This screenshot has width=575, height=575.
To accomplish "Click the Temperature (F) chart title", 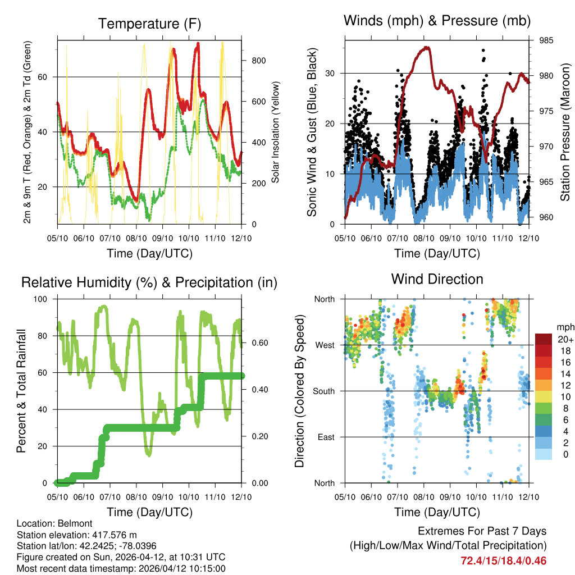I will point(149,24).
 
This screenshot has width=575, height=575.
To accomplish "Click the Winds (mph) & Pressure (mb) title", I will point(437,21).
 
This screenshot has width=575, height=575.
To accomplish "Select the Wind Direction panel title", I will point(437,279).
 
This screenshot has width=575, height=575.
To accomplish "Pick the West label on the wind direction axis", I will point(325,345).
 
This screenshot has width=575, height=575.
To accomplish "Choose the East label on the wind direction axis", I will point(326,437).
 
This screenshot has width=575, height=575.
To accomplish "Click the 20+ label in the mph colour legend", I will point(563,339).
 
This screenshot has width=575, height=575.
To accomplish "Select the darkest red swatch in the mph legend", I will point(545,339).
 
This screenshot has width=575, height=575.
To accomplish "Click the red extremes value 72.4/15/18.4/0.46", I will point(503,560).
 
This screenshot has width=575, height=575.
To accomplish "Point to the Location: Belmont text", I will point(53,523).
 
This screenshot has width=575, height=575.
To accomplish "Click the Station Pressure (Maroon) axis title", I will point(565,132).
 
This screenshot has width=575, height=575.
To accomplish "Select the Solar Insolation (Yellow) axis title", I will point(276,133).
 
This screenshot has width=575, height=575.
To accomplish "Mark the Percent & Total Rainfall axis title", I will point(21,391).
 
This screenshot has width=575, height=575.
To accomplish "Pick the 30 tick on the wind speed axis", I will point(331,74).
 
